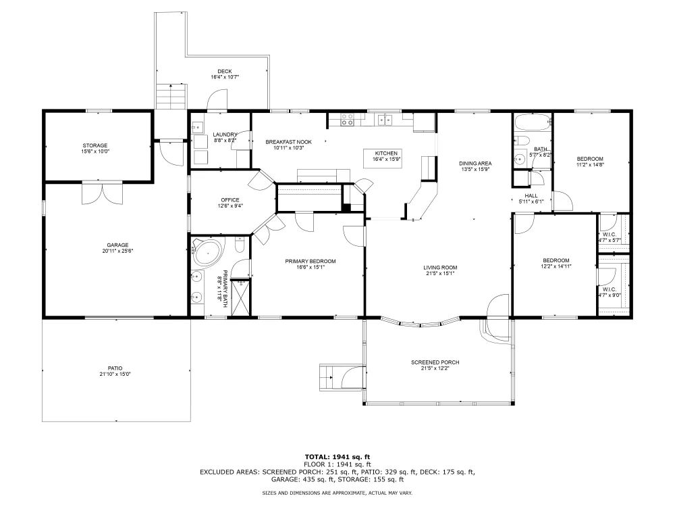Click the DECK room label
(225, 72)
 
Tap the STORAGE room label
(95, 146)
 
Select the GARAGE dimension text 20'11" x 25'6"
(117, 251)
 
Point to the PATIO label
(115, 368)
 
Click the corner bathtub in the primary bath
(207, 253)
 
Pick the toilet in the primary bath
(240, 245)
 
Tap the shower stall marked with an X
(240, 298)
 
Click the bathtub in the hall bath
(533, 123)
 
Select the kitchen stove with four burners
(348, 120)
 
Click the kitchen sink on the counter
(385, 120)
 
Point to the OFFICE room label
(230, 200)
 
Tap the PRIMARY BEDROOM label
(310, 261)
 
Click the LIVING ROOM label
(440, 267)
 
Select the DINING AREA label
(475, 164)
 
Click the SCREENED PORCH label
(435, 362)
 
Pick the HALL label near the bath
(531, 196)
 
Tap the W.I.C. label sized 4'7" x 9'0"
(610, 289)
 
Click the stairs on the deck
(171, 97)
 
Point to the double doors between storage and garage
(103, 193)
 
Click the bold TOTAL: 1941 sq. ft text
(337, 457)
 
